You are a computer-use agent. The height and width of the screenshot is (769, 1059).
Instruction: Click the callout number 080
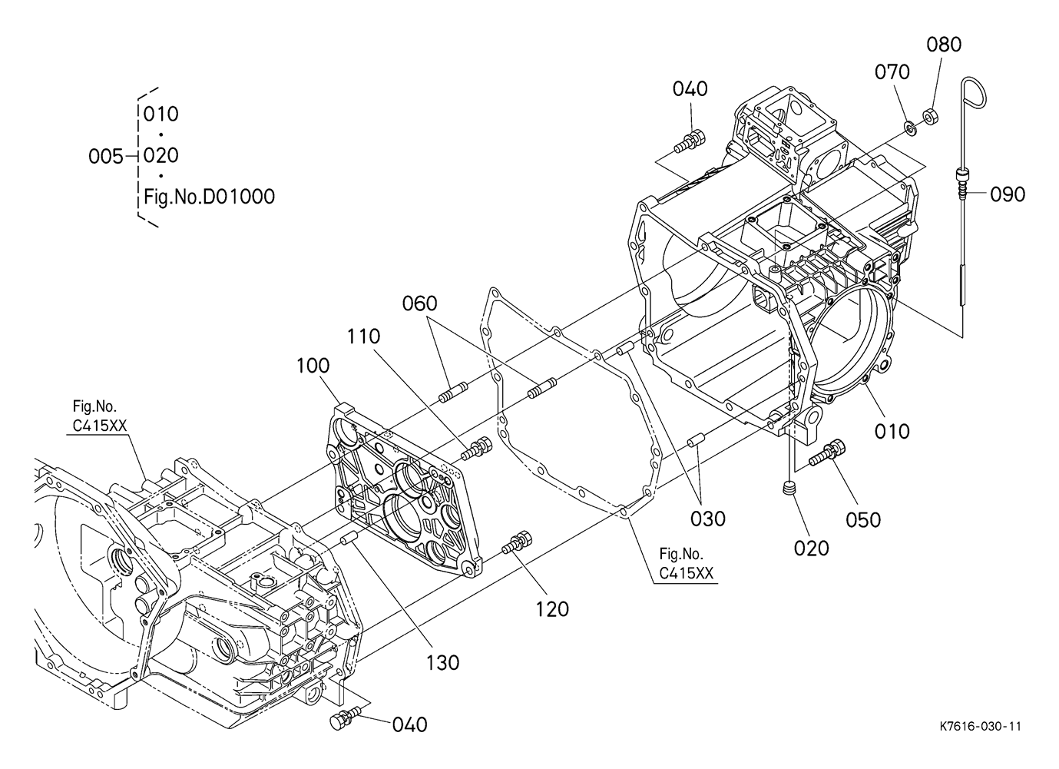coord(944,45)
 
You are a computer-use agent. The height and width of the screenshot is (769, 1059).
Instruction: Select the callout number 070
coord(892,72)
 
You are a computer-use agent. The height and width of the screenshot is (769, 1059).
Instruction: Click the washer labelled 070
coord(908,128)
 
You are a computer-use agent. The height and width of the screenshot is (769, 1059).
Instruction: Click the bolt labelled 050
coord(827,452)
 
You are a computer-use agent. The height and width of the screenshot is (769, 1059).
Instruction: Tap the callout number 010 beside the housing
coord(892,431)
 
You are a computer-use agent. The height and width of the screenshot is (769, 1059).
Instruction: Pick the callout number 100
coord(313,366)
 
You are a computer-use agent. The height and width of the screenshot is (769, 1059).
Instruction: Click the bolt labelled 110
coord(476,449)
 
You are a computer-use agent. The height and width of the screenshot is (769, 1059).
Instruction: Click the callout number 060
coord(420,303)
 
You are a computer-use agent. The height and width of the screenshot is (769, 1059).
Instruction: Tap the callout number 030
coord(708,519)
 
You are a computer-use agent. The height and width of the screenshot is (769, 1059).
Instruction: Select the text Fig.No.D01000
coord(209,197)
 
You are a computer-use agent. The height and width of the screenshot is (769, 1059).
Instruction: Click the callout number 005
coord(106,157)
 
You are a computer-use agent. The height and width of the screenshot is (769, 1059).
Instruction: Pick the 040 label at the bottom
coord(409,725)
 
